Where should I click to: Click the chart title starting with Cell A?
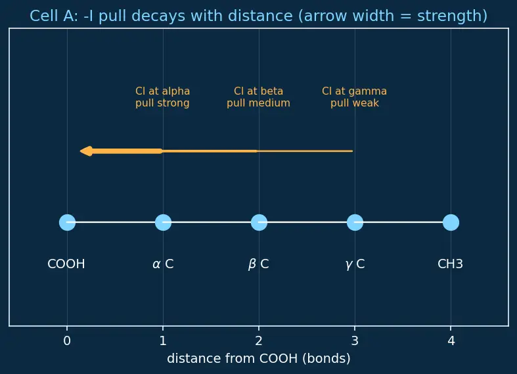[259, 16]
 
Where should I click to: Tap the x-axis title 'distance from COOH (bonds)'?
[259, 358]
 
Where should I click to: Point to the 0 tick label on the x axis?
[67, 340]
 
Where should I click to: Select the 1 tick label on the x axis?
[163, 340]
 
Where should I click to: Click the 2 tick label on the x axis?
[259, 340]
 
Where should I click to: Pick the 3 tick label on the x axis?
[355, 340]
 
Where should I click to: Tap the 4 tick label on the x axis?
[451, 340]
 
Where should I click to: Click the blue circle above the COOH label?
[67, 222]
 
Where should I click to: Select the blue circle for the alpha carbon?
[163, 222]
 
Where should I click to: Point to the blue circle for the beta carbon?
[259, 222]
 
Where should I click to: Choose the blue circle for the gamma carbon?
[355, 222]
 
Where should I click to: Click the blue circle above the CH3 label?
[451, 222]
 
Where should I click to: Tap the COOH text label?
[66, 264]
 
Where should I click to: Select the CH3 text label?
[451, 264]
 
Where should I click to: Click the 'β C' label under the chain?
[259, 264]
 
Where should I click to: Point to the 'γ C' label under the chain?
[355, 264]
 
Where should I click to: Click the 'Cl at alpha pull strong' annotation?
[162, 97]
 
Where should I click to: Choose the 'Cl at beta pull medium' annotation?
[259, 97]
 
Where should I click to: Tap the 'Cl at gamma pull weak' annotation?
[355, 97]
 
